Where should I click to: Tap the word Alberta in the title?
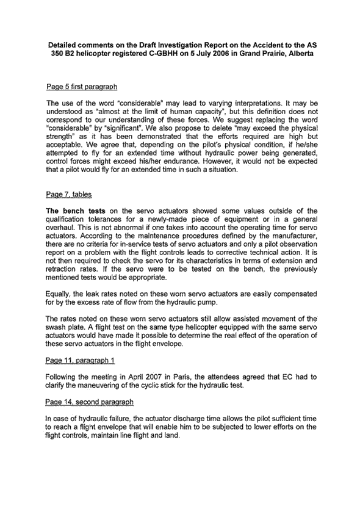(299, 54)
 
